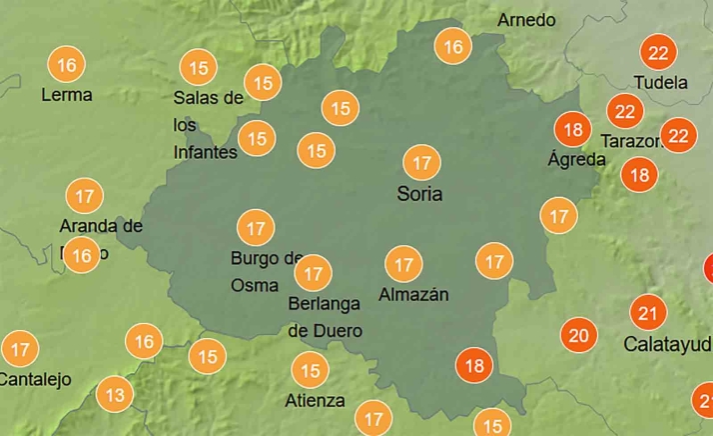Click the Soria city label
click(x=419, y=194)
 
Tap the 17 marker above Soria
click(x=421, y=162)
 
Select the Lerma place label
click(x=67, y=95)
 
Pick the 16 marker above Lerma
click(x=67, y=66)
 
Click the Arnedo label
click(x=526, y=20)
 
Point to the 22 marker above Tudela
click(x=659, y=53)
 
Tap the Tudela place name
click(x=661, y=82)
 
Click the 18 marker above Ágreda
click(x=573, y=130)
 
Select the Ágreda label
click(x=577, y=159)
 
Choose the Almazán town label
click(x=413, y=294)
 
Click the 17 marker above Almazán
click(x=403, y=265)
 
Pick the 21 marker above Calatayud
click(x=648, y=314)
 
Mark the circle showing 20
click(x=578, y=335)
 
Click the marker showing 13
click(x=116, y=396)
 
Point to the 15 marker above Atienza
click(x=311, y=371)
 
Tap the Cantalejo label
click(x=35, y=379)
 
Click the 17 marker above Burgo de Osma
click(x=256, y=228)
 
